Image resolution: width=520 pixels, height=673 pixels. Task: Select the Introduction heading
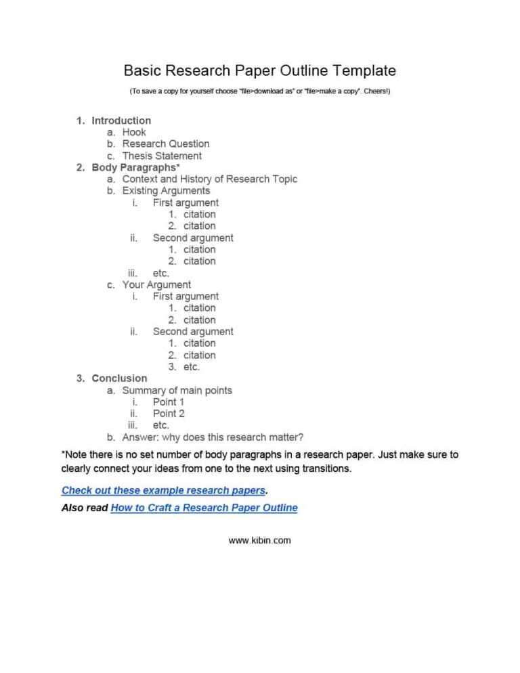point(121,121)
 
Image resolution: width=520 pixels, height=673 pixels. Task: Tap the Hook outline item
point(134,132)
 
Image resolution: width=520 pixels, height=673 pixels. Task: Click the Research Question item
point(166,144)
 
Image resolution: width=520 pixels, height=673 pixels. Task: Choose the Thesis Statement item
point(162,156)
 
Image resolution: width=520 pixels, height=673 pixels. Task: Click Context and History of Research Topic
point(209,179)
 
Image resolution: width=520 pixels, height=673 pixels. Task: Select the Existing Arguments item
point(166,191)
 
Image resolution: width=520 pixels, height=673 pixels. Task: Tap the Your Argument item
point(156,284)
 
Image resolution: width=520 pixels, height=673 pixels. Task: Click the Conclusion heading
point(119,378)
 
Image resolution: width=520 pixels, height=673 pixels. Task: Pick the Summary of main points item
point(177,390)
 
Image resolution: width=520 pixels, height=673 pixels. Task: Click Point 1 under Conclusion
point(169,401)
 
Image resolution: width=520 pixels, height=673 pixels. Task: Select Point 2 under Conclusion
point(169,413)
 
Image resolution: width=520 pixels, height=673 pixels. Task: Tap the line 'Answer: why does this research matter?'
point(213,437)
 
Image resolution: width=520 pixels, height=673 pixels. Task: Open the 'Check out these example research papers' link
point(163,490)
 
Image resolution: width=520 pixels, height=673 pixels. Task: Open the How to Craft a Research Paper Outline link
point(204,507)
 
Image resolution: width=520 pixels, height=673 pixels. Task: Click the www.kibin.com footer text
point(260,540)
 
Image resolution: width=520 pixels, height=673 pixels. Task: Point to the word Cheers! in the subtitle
point(376,91)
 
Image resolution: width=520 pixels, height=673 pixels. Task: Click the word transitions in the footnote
point(327,468)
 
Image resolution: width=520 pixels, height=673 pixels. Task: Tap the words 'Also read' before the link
point(84,507)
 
